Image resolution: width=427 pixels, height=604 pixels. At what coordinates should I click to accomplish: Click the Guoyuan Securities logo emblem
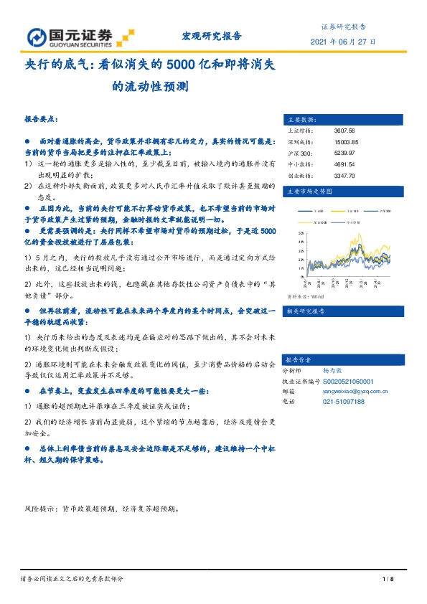[37, 38]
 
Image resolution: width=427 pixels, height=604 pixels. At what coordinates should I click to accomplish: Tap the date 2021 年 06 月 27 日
[342, 42]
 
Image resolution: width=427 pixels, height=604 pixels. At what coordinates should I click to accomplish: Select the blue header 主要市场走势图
[309, 192]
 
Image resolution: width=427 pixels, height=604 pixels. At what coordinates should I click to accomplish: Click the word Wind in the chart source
[317, 295]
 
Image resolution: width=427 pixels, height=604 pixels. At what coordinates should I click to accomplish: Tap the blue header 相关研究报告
[306, 311]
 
